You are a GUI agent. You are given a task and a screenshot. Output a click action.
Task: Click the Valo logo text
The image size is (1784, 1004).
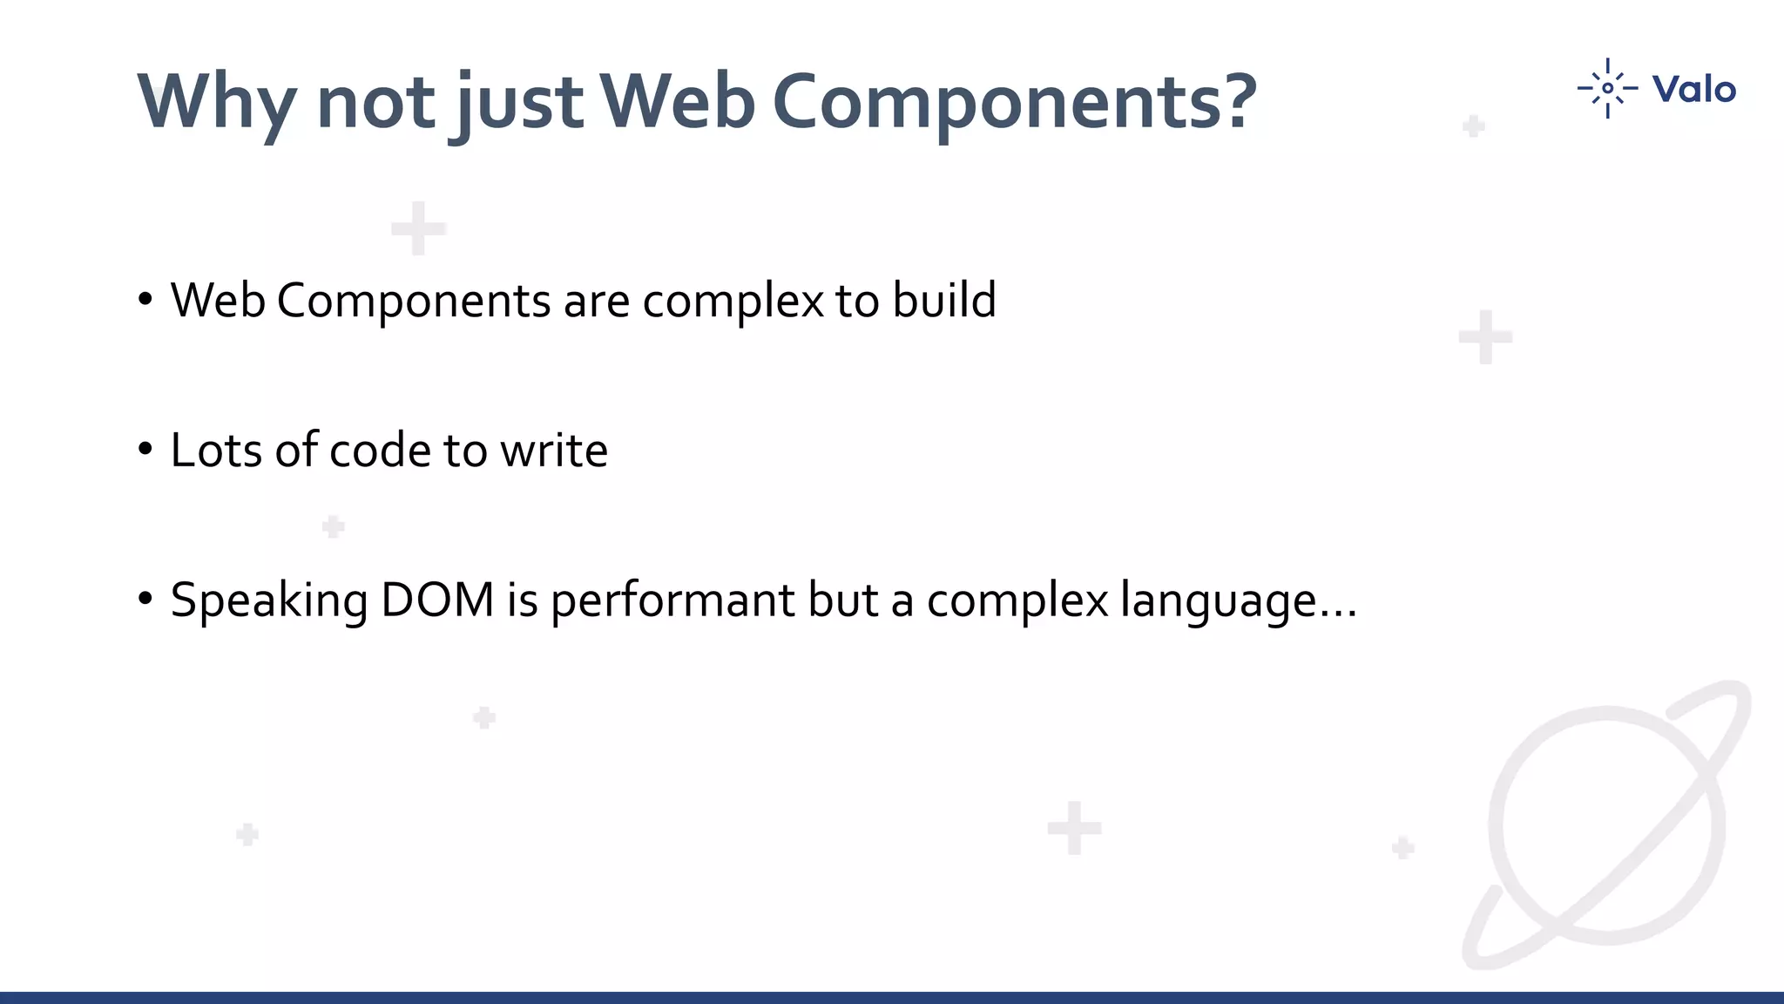tap(1693, 89)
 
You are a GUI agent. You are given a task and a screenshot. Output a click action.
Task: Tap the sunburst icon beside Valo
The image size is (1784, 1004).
tap(1607, 88)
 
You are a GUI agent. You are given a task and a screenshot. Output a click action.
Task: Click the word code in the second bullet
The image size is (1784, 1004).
tap(380, 451)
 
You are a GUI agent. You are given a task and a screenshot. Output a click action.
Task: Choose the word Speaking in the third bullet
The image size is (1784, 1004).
tap(269, 600)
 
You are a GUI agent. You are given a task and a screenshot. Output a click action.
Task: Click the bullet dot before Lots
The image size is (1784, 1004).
tap(145, 450)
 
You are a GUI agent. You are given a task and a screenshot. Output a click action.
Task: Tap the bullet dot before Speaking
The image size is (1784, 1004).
tap(145, 600)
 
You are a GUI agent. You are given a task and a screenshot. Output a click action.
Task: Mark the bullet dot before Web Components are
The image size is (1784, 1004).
tap(145, 300)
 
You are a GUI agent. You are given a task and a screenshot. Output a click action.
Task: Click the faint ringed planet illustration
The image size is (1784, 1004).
tap(1608, 824)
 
